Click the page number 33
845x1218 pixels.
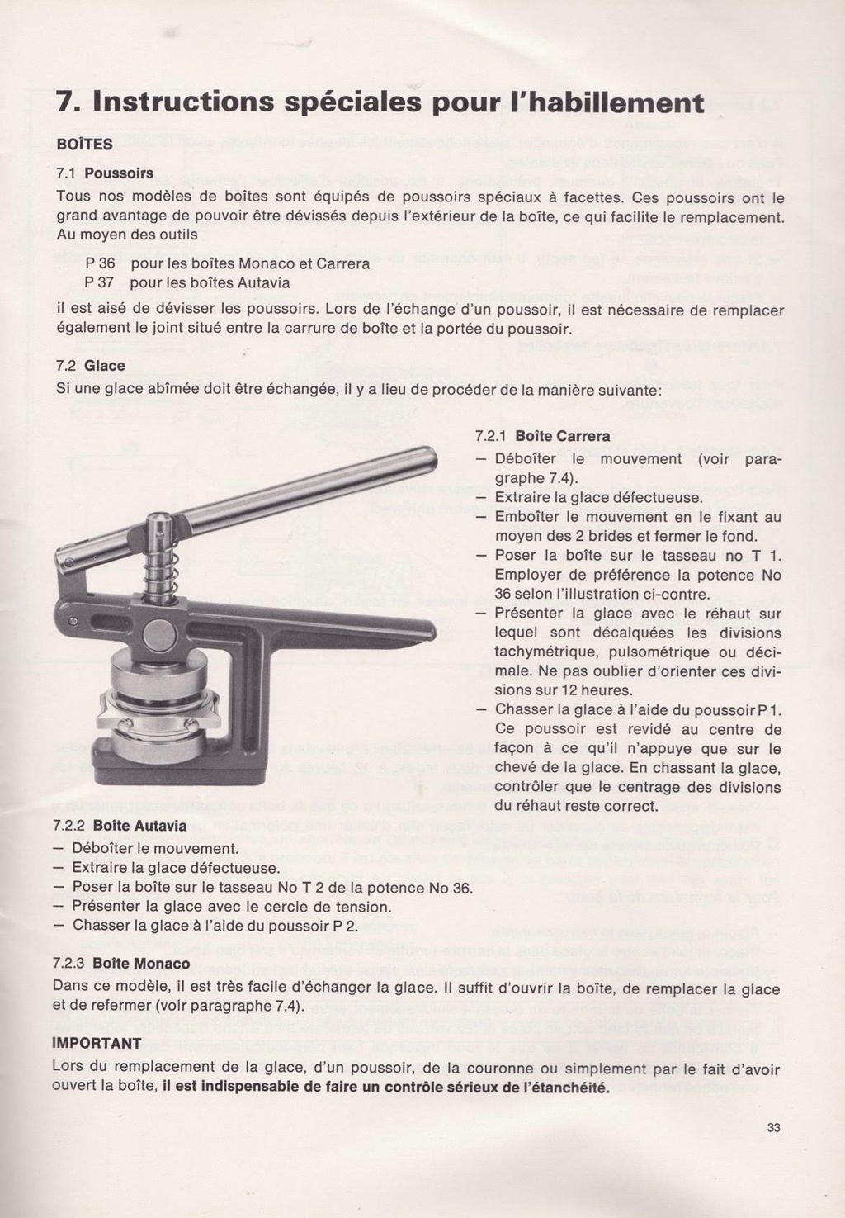(773, 1130)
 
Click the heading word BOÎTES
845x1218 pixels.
(84, 144)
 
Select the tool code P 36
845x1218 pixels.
(100, 265)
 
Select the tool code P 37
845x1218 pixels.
(100, 283)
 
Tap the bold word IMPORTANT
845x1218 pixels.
(97, 1043)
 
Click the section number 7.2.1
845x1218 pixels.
(491, 436)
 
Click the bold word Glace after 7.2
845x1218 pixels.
(105, 365)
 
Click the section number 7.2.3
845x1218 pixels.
(68, 964)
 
